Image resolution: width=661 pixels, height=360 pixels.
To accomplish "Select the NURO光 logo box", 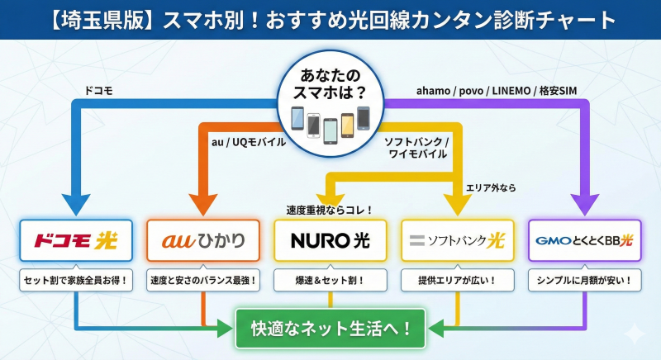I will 330,240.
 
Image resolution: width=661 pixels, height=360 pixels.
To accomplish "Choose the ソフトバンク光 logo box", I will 457,240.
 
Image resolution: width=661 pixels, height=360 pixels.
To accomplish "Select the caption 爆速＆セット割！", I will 330,281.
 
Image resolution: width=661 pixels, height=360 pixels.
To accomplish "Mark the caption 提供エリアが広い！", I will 457,281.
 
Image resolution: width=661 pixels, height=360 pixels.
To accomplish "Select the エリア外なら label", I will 491,188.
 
